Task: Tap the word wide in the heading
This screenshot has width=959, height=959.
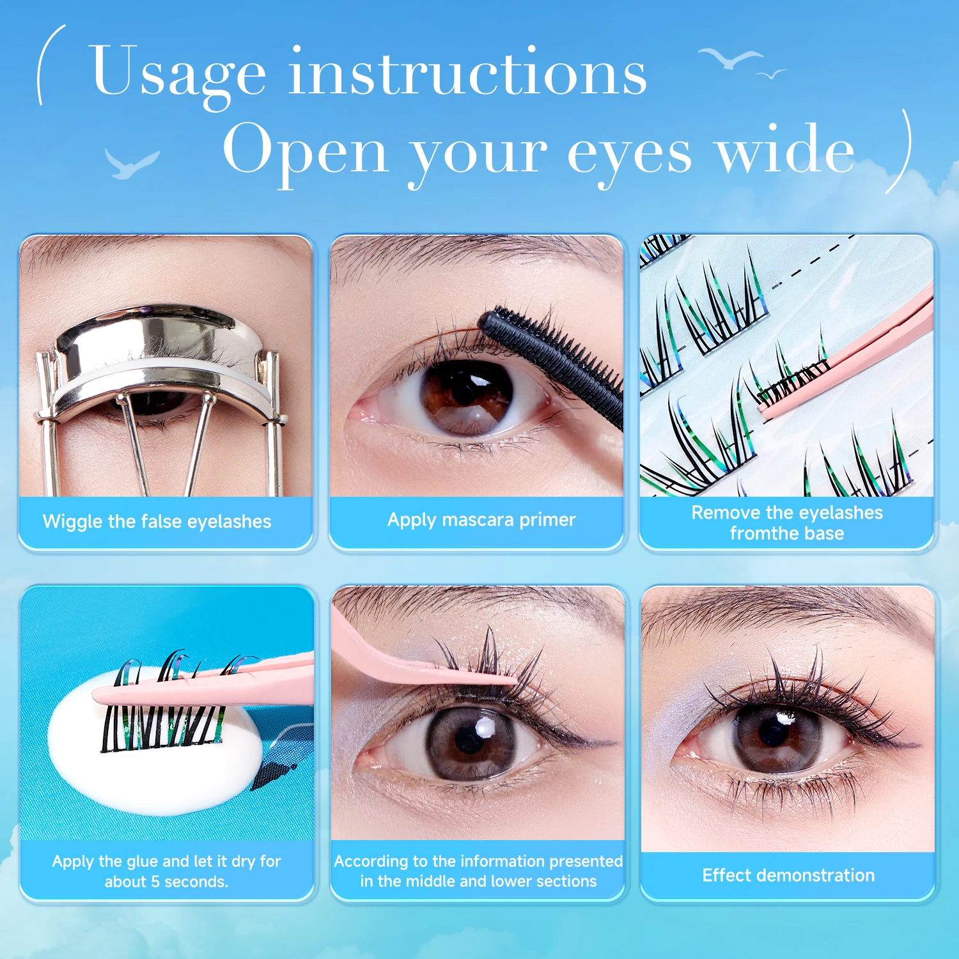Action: [x=785, y=151]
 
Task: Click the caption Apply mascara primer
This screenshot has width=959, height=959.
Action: [x=481, y=520]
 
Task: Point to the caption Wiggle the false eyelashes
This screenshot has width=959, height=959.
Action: [x=157, y=522]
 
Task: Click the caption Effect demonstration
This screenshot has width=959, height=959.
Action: [x=788, y=875]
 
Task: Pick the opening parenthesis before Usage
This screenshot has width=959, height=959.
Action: [x=49, y=64]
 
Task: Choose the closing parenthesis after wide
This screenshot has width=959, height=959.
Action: [x=900, y=151]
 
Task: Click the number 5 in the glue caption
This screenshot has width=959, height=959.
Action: [x=155, y=882]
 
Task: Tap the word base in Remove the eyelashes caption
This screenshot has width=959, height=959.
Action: [x=825, y=534]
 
